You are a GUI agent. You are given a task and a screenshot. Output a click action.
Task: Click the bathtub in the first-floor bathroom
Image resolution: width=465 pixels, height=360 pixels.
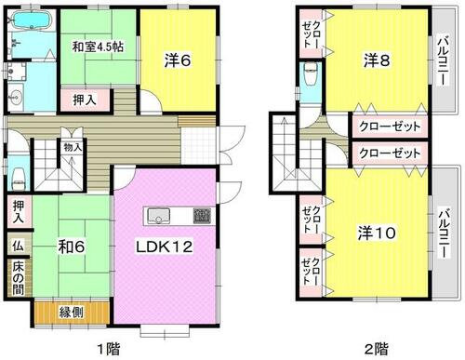(32, 20)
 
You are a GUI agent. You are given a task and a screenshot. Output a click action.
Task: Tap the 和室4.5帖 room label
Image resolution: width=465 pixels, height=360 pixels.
(98, 47)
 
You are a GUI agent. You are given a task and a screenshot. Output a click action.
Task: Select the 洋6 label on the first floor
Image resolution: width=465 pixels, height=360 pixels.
(178, 60)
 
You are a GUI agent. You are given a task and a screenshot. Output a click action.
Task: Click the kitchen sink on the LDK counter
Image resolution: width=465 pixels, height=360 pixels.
(159, 216)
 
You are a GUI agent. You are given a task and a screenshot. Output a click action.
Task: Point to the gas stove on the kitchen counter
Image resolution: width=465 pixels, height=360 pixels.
(202, 216)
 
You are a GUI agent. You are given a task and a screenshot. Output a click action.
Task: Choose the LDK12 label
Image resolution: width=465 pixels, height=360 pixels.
(165, 247)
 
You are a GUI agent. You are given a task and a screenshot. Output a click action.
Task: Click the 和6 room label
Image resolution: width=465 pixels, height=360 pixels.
(72, 247)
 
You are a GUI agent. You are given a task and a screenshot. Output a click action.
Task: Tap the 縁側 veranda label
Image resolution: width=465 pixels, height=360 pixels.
(72, 313)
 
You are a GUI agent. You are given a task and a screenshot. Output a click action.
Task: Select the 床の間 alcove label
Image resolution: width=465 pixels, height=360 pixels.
(19, 279)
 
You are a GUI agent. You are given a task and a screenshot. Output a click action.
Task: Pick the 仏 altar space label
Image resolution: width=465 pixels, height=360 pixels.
(18, 246)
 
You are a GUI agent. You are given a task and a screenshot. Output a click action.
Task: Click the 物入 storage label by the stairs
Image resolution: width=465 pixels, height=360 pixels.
(73, 148)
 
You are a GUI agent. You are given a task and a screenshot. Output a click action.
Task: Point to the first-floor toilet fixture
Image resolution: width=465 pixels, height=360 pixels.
(19, 179)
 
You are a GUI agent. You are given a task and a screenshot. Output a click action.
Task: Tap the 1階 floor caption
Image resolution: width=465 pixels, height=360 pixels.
(109, 350)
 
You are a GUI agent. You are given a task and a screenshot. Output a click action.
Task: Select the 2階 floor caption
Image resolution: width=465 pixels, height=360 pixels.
(377, 350)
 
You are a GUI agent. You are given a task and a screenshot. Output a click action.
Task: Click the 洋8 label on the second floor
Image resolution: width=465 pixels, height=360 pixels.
(377, 60)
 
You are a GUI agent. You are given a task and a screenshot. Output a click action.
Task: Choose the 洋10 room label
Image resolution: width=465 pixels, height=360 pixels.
(377, 233)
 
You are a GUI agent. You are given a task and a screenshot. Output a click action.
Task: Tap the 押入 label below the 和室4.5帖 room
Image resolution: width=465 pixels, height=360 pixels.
(85, 100)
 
